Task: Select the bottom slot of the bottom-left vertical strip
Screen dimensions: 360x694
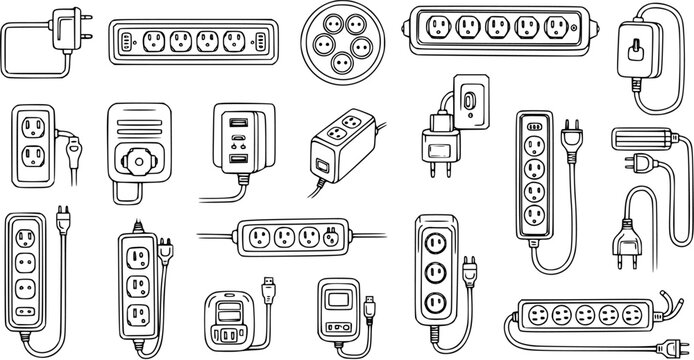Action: [x=27, y=322]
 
